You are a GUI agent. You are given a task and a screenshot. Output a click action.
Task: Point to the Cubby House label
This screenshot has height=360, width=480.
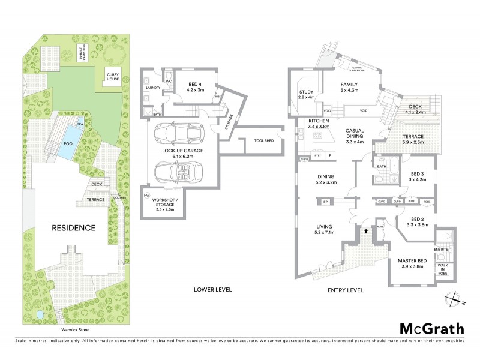pyautogui.click(x=113, y=77)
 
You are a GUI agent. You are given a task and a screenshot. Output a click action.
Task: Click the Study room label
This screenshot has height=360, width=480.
pyautogui.click(x=307, y=94)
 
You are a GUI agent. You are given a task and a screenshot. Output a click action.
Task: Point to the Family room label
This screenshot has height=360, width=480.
pyautogui.click(x=349, y=88)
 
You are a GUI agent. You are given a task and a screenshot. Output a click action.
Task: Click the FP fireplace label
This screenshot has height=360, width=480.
pyautogui.click(x=326, y=202)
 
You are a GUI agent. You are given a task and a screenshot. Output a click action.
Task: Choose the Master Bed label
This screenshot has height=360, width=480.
pyautogui.click(x=412, y=263)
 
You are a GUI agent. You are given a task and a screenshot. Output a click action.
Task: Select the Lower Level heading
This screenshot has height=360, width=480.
pyautogui.click(x=212, y=290)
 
